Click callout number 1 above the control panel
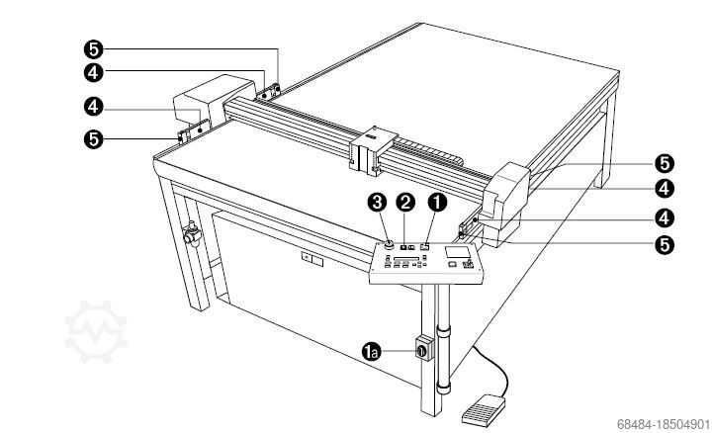coord(437,203)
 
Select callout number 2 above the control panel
coord(405,203)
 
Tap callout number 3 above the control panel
coord(378,203)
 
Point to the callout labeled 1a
coord(372,352)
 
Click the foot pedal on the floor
coord(484,411)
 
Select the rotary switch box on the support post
coord(424,349)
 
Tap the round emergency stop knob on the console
coord(389,245)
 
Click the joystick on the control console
coord(468,264)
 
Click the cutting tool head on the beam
coord(371,150)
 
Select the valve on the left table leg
coord(192,233)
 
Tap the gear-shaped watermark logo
coord(96,331)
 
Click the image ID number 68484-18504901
coord(663,424)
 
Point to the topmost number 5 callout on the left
coord(94,49)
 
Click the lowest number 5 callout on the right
coord(665,244)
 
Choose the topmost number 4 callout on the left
coord(94,72)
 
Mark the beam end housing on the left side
coord(214,101)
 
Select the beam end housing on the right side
coord(505,203)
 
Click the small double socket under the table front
coord(311,259)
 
